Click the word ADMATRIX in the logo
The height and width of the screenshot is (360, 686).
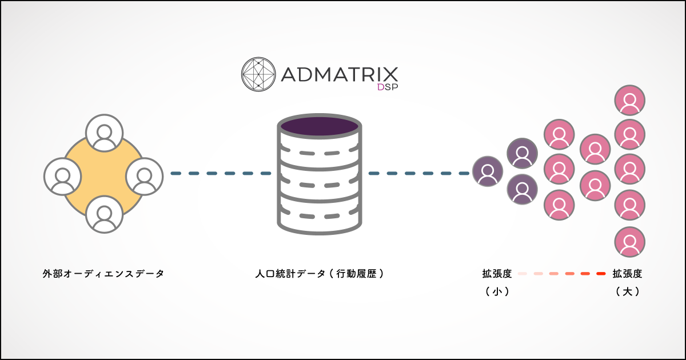[x=340, y=74]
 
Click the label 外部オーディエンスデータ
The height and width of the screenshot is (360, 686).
[x=103, y=274]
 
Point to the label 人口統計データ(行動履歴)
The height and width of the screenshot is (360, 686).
[x=320, y=274]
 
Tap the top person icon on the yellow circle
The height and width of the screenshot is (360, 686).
[x=105, y=133]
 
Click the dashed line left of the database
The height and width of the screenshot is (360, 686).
[x=221, y=173]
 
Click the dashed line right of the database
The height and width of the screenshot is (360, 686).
[x=418, y=173]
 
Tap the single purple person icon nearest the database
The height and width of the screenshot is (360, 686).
[x=488, y=171]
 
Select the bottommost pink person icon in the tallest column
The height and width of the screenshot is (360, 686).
[x=630, y=242]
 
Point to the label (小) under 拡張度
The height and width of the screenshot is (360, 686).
[x=497, y=291]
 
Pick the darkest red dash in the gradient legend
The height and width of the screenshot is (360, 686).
[x=600, y=274]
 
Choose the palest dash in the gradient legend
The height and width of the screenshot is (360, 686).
[x=522, y=274]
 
